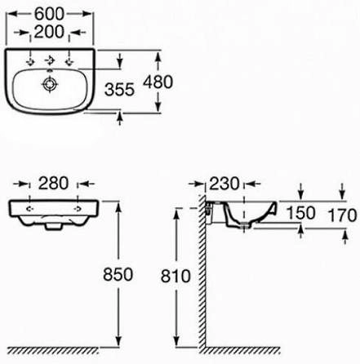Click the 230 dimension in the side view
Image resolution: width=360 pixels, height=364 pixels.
coord(221,182)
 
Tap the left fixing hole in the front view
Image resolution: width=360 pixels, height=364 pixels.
coord(31,208)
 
